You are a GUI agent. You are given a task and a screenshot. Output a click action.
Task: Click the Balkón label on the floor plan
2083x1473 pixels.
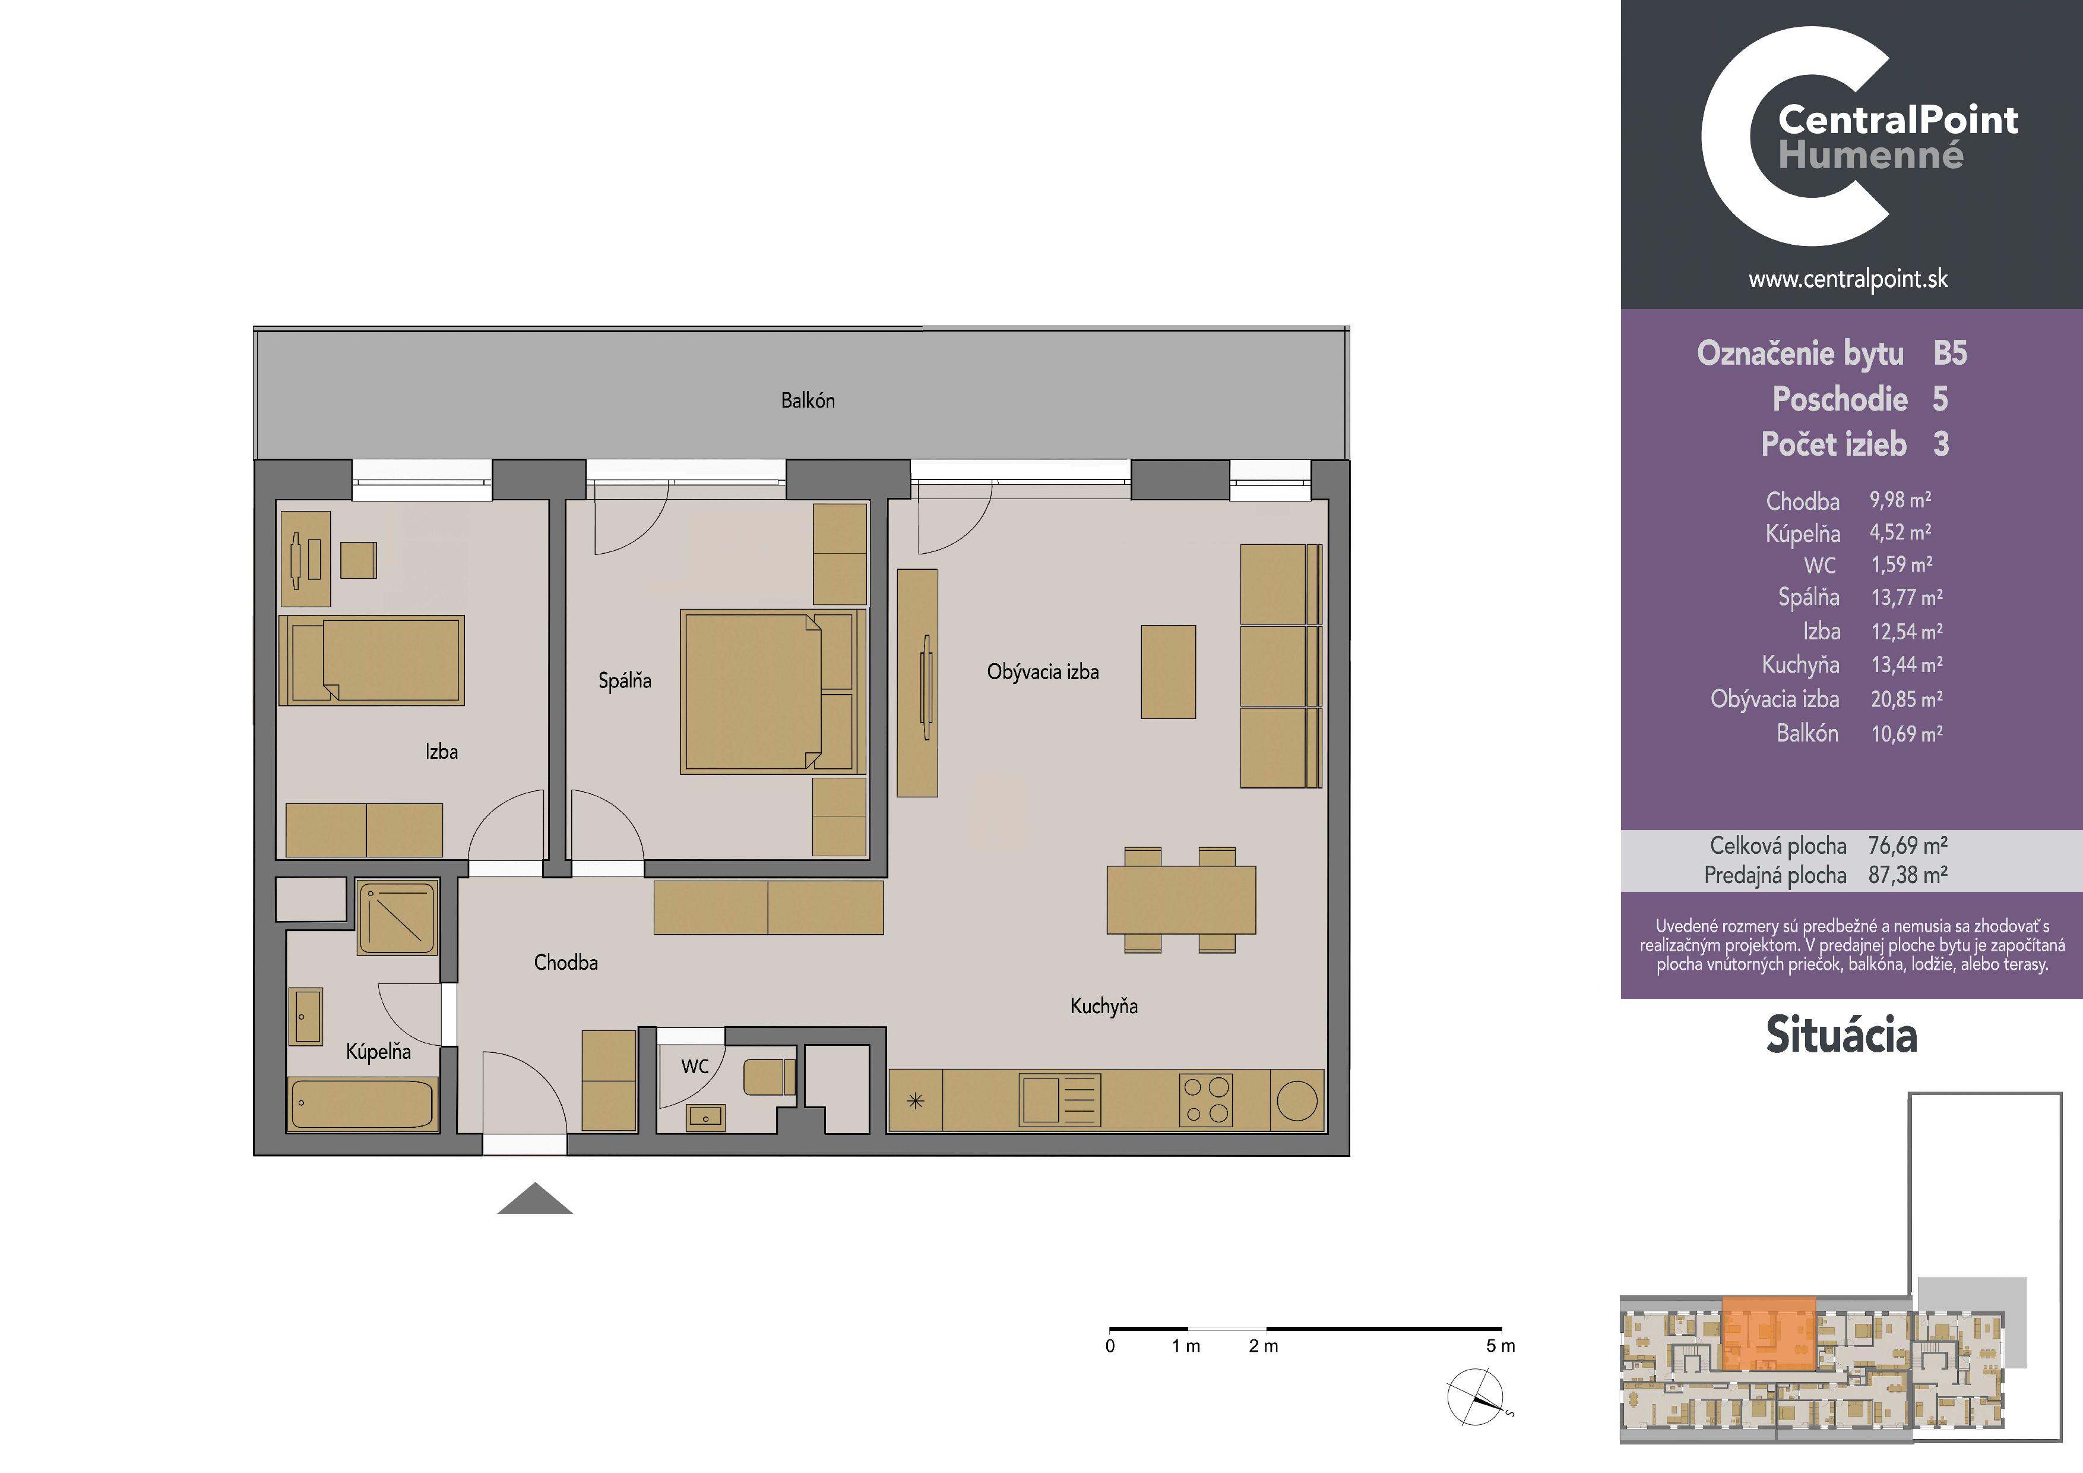click(x=808, y=400)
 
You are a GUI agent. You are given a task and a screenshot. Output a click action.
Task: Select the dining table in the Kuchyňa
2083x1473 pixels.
click(x=1181, y=900)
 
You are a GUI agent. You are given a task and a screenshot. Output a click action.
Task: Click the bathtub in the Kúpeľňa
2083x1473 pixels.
click(x=363, y=1105)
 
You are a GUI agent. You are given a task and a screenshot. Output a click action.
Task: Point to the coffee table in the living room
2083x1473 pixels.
click(x=1169, y=671)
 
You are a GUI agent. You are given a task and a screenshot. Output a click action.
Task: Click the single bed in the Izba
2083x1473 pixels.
click(x=372, y=661)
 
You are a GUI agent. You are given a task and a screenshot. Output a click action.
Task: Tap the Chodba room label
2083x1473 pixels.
click(x=565, y=962)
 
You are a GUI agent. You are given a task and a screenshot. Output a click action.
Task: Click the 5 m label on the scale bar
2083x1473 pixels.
click(x=1500, y=1346)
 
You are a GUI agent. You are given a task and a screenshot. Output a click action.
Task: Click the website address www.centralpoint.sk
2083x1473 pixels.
click(x=1848, y=279)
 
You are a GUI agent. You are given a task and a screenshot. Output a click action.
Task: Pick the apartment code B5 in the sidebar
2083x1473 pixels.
click(x=1949, y=353)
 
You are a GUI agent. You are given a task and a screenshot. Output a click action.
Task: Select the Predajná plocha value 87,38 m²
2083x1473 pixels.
click(x=1907, y=875)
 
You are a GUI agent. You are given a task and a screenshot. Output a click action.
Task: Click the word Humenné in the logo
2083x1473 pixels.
click(x=1870, y=155)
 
